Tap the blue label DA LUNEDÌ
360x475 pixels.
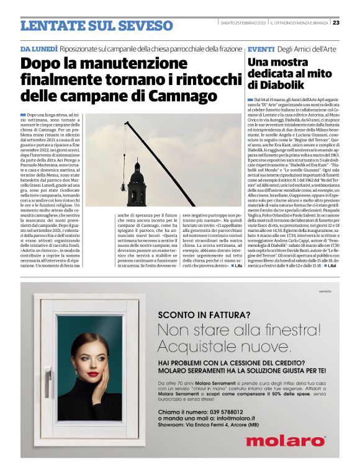click(x=39, y=48)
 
